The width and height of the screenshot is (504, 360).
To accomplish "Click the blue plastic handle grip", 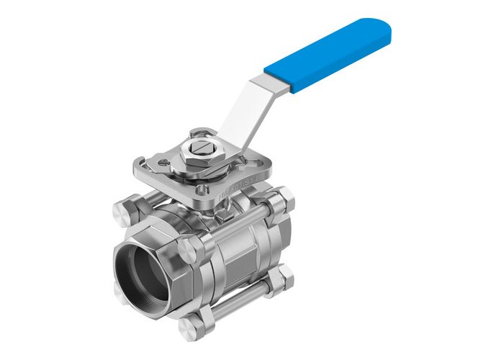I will click(x=328, y=54).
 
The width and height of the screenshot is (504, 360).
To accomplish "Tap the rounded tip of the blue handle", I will click(x=382, y=29).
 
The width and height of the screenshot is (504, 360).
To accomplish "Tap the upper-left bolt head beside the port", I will click(x=123, y=212).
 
